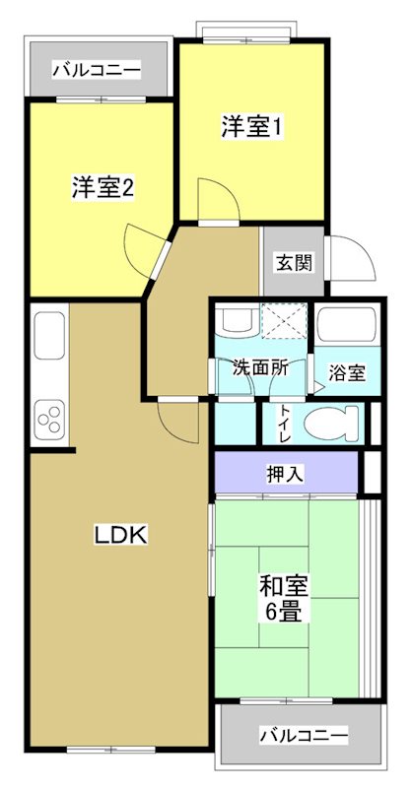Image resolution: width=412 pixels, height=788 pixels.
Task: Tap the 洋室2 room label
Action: [x=103, y=188]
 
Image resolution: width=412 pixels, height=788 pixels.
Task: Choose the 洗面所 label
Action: [x=260, y=368]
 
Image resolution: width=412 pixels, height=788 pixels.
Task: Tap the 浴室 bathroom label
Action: [x=347, y=373]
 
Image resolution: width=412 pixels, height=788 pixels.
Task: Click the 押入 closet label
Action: [x=286, y=474]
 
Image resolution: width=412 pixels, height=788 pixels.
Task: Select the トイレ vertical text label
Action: [x=285, y=423]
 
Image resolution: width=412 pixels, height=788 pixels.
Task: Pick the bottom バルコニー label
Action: [x=304, y=735]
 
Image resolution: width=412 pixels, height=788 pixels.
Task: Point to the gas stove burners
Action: [x=49, y=419]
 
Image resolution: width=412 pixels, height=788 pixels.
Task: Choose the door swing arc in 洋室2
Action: [x=144, y=246]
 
